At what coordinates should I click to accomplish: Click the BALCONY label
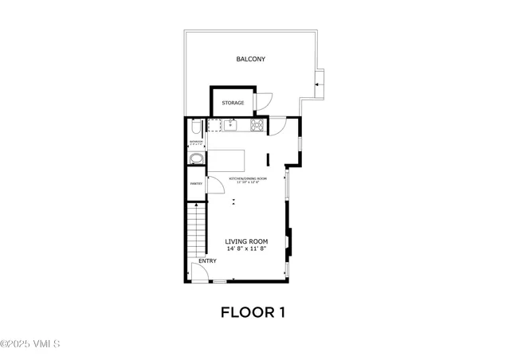pyautogui.click(x=250, y=60)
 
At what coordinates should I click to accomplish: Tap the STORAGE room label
pyautogui.click(x=233, y=103)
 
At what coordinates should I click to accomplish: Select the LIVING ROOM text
pyautogui.click(x=245, y=241)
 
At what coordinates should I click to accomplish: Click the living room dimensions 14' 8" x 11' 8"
pyautogui.click(x=245, y=249)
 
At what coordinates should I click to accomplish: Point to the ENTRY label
pyautogui.click(x=207, y=260)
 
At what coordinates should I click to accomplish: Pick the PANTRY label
pyautogui.click(x=196, y=184)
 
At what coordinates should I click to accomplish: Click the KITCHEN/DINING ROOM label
pyautogui.click(x=248, y=178)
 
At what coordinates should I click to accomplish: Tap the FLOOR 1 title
pyautogui.click(x=253, y=312)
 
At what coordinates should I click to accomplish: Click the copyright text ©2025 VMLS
pyautogui.click(x=31, y=343)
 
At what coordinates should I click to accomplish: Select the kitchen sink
pyautogui.click(x=229, y=125)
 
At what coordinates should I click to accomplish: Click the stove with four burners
pyautogui.click(x=257, y=125)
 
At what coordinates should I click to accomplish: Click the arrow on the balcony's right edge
pyautogui.click(x=318, y=81)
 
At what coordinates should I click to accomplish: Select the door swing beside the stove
pyautogui.click(x=278, y=126)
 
